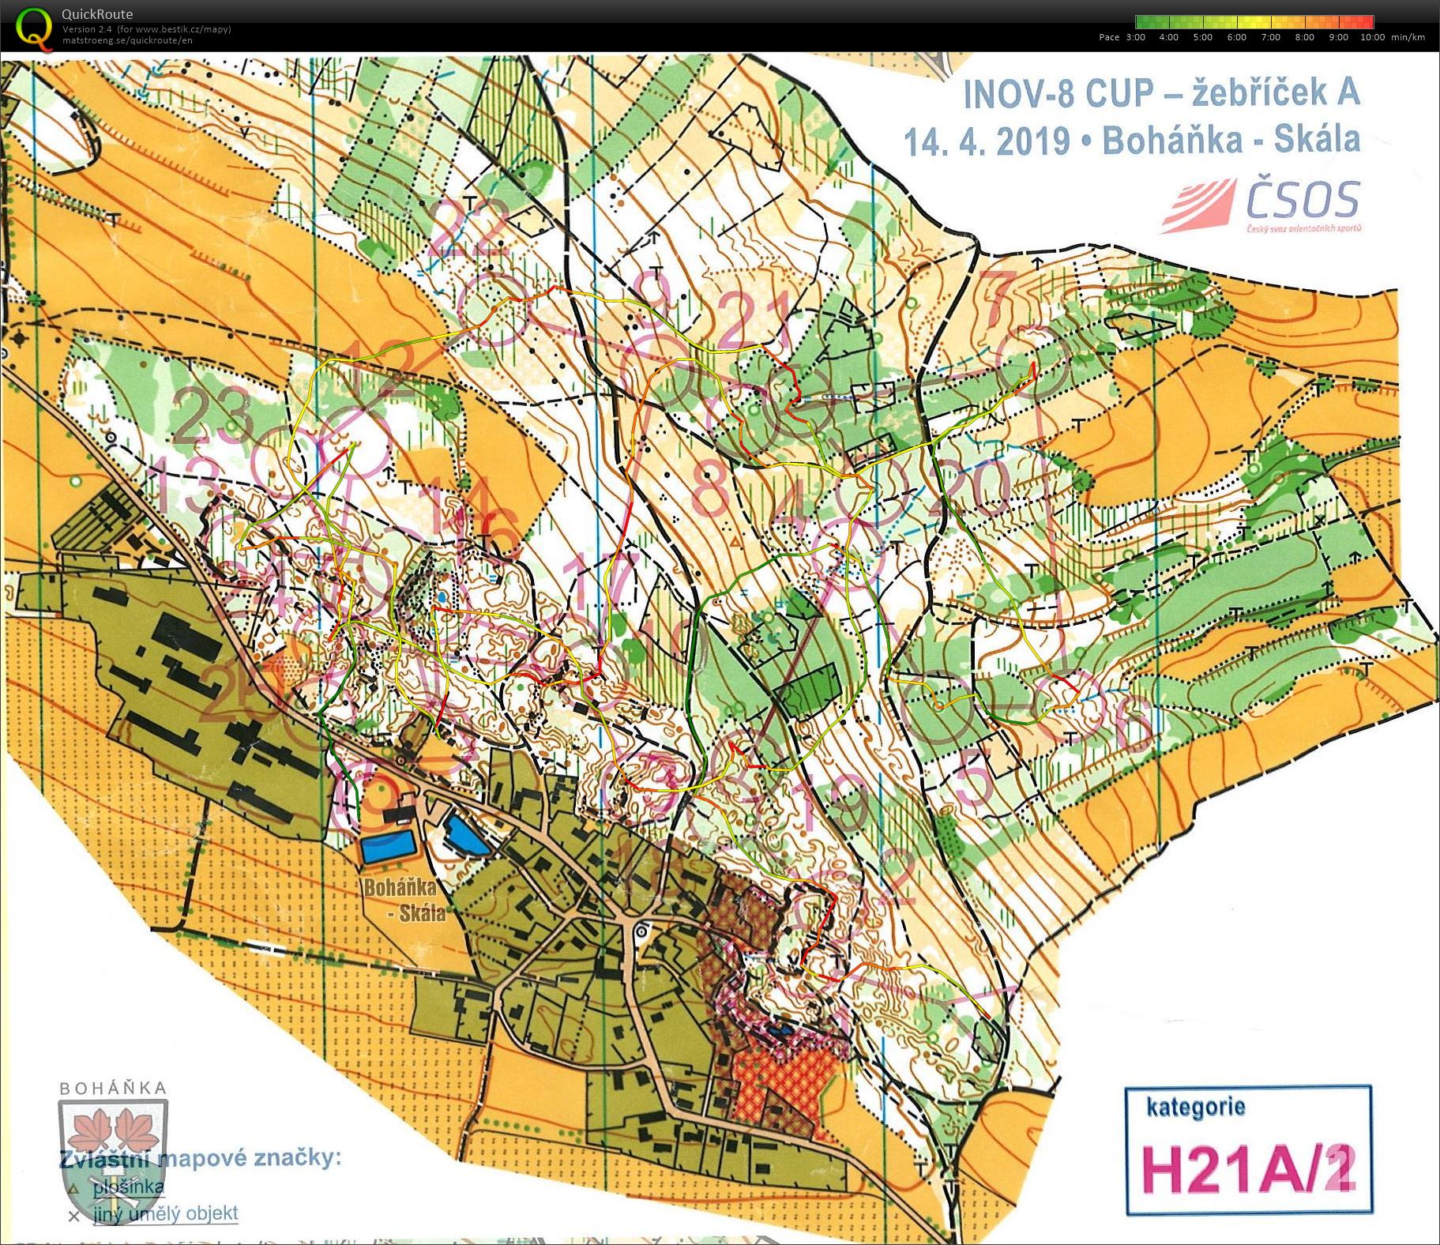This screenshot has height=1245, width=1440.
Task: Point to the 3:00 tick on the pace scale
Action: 1135,37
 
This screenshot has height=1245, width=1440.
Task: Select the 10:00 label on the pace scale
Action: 1372,37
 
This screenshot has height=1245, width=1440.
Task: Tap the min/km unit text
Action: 1408,37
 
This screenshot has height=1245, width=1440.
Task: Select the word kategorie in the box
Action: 1195,1107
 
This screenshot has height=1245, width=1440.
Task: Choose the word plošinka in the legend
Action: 128,1187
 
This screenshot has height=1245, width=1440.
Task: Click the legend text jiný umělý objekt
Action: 165,1213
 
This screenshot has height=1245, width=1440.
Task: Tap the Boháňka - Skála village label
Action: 404,900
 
